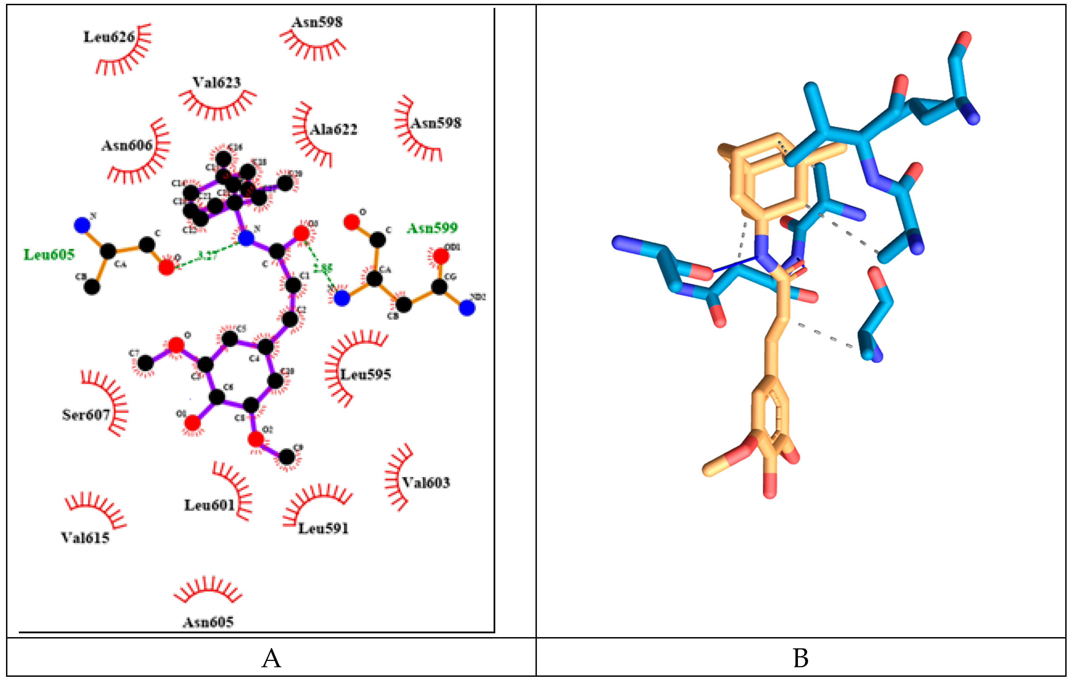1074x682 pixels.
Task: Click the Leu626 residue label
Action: tap(109, 37)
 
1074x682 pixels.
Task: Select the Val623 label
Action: tap(216, 83)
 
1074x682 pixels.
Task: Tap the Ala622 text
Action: tap(334, 130)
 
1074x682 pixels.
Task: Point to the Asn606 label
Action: tap(127, 145)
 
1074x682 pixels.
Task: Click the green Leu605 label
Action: tap(49, 255)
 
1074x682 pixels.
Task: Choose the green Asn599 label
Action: tap(432, 228)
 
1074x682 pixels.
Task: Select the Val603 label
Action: tap(426, 482)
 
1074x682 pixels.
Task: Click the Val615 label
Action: tap(85, 538)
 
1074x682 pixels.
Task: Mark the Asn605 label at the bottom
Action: tap(208, 622)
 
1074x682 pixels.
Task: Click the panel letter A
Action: tap(271, 658)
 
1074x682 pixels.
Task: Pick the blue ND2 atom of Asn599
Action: tap(467, 308)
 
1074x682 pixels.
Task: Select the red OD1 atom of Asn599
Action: tap(441, 256)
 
